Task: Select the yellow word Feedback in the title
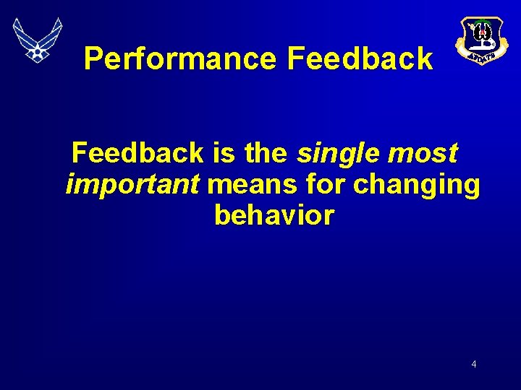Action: pos(360,58)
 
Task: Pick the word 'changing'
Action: pos(416,185)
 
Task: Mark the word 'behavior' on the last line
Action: pos(274,215)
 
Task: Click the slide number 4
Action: pos(474,364)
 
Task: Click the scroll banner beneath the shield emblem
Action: pos(480,54)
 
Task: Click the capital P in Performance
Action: pos(93,58)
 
